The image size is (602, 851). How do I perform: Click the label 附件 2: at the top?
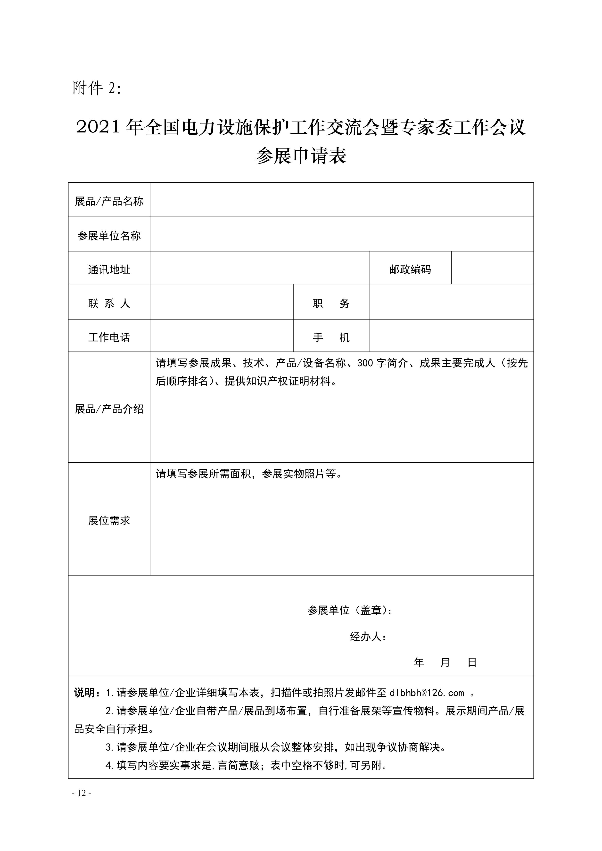(x=97, y=88)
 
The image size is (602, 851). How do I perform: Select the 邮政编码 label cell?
(x=410, y=270)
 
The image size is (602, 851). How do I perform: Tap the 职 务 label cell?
(x=331, y=303)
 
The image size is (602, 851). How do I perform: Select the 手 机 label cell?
(x=331, y=337)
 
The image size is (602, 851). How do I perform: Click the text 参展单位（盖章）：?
(x=350, y=610)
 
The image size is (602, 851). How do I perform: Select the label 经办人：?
(x=368, y=637)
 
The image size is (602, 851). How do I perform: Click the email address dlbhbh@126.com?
(x=427, y=693)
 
